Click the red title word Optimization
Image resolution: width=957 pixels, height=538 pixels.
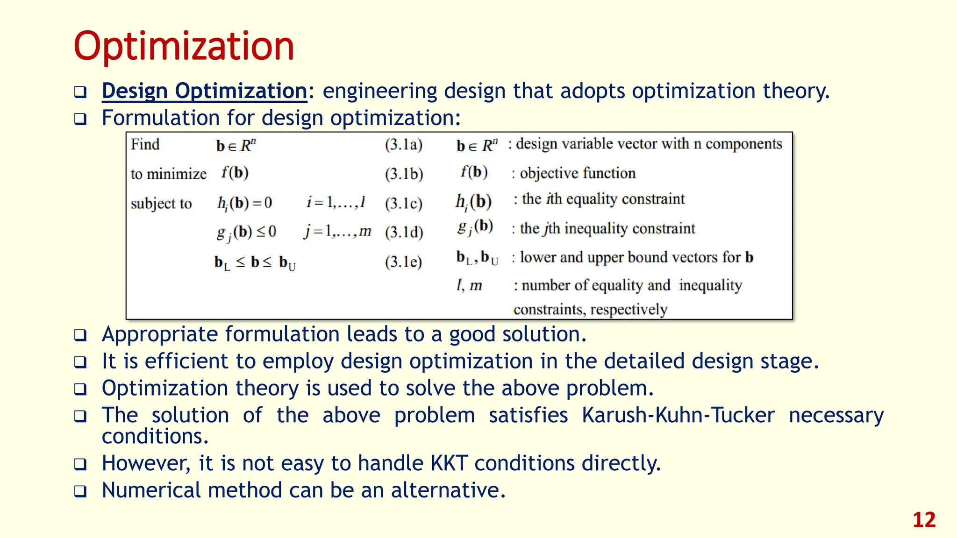tap(184, 47)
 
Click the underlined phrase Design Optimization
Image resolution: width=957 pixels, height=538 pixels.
tap(204, 91)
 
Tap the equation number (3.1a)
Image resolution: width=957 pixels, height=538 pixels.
tap(403, 144)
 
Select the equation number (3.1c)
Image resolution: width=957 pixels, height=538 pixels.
tap(403, 204)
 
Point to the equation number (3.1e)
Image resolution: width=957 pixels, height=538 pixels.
tap(403, 262)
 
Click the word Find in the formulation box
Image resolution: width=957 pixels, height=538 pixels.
tap(145, 144)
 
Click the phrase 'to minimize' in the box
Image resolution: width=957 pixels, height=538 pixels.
tap(168, 174)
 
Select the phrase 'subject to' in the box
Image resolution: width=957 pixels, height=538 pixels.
tap(161, 204)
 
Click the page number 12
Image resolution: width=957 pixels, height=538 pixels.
tap(923, 520)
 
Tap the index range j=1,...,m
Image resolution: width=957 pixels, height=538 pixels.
tap(337, 231)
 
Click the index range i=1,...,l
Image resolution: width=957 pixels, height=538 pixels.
tap(336, 202)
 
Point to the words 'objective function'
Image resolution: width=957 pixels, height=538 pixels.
tap(578, 173)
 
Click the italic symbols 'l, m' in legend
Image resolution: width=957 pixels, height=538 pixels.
tap(469, 285)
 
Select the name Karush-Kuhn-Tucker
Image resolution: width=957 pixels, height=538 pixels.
tap(678, 415)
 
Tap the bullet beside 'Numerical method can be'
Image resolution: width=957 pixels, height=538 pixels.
tap(80, 491)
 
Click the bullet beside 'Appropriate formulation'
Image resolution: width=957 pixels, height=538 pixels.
tap(80, 335)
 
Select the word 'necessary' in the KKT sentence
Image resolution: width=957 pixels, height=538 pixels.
tap(836, 415)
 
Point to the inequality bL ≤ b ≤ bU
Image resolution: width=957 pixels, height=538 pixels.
tap(255, 262)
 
